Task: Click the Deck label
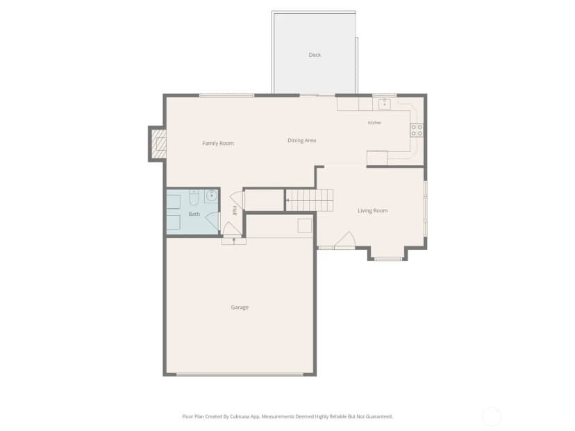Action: (x=315, y=55)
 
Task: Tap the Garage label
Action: (x=240, y=307)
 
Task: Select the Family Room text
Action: (x=218, y=143)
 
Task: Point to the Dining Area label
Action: (x=302, y=140)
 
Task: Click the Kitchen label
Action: (x=375, y=123)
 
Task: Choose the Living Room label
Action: (x=373, y=211)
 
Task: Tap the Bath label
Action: (x=194, y=214)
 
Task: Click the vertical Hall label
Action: (x=235, y=211)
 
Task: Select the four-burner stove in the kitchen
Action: (x=417, y=130)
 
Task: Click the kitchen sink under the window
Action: (x=384, y=104)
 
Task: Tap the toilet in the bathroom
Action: (x=194, y=198)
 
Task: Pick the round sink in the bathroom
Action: (x=211, y=196)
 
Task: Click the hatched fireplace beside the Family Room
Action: (x=159, y=143)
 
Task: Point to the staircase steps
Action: (x=310, y=200)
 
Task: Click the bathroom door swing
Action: (x=212, y=221)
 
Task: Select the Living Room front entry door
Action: (x=344, y=240)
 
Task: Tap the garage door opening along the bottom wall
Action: (x=240, y=375)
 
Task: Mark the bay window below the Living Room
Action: (x=388, y=259)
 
